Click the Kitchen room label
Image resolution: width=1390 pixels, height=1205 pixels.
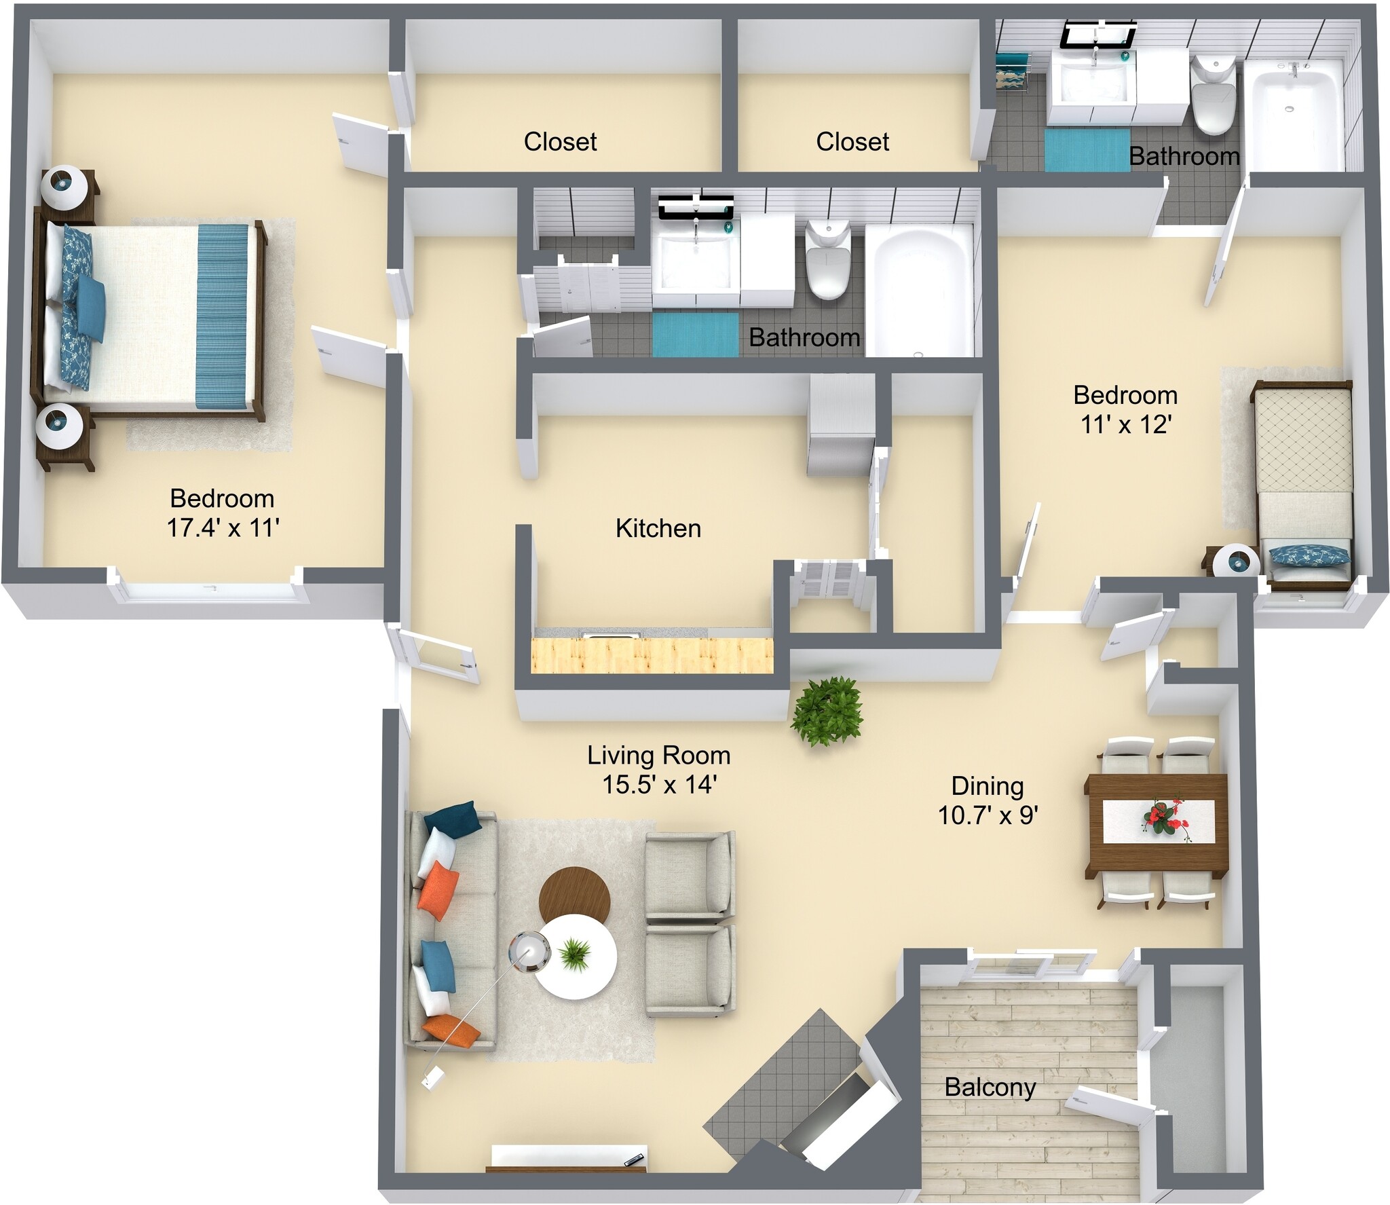tap(658, 528)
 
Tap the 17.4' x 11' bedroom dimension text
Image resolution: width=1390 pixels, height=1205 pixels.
tap(223, 527)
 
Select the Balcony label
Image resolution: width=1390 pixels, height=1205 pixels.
tap(990, 1087)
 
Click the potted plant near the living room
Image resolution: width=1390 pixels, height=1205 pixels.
tap(827, 711)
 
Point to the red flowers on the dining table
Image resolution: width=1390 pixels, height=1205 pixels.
tap(1165, 818)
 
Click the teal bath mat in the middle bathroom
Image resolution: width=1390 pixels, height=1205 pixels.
tap(695, 334)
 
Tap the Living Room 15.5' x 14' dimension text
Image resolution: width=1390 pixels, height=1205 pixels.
tap(659, 785)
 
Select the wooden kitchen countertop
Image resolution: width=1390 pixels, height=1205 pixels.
tap(652, 656)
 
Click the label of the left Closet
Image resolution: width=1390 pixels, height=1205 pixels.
tap(560, 142)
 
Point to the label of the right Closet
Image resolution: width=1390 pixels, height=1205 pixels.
tap(852, 142)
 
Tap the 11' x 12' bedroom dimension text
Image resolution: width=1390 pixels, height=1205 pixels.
tap(1126, 425)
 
